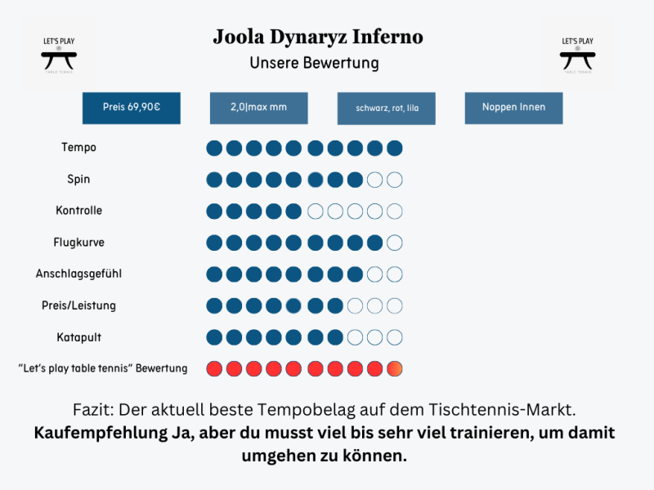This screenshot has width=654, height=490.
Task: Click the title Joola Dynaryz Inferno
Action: click(x=318, y=38)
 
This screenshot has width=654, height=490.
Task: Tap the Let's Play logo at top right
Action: click(x=577, y=53)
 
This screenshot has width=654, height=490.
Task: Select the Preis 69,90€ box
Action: click(x=131, y=108)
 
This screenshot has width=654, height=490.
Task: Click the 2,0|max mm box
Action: click(x=258, y=108)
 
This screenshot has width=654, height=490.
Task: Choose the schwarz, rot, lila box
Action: click(x=386, y=108)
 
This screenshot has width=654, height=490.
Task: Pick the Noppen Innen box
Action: click(x=513, y=108)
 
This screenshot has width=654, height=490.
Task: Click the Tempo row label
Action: click(x=78, y=148)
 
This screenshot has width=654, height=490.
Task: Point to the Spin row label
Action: click(x=78, y=179)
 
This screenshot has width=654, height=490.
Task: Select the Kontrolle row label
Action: click(x=78, y=211)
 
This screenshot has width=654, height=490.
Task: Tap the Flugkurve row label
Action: click(x=78, y=243)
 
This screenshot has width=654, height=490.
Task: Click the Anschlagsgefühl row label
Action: click(x=78, y=274)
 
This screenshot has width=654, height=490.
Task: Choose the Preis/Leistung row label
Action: click(x=78, y=305)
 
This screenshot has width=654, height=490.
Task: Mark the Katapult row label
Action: click(x=78, y=336)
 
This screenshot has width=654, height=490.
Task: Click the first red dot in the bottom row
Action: click(x=214, y=368)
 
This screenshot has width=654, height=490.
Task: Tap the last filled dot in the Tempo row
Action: click(x=395, y=148)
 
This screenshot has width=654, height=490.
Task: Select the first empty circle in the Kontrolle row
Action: click(x=315, y=212)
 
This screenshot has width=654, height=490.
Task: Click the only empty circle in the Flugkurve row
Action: click(x=395, y=243)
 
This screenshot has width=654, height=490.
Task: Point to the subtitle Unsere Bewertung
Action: click(x=314, y=63)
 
